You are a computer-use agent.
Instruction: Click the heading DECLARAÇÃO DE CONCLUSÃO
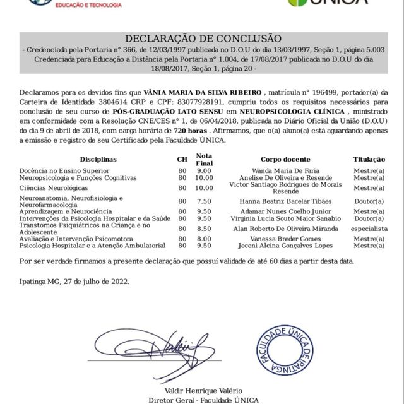pyautogui.click(x=203, y=39)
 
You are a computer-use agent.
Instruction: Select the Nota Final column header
pyautogui.click(x=204, y=159)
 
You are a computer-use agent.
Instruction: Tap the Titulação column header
pyautogui.click(x=369, y=160)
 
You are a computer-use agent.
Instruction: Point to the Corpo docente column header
pyautogui.click(x=285, y=160)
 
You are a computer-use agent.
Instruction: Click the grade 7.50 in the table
pyautogui.click(x=204, y=201)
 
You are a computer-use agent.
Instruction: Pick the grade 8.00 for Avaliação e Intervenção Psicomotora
pyautogui.click(x=204, y=239)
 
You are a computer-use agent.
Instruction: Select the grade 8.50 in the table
pyautogui.click(x=204, y=228)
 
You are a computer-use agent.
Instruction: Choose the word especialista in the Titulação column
pyautogui.click(x=369, y=228)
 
